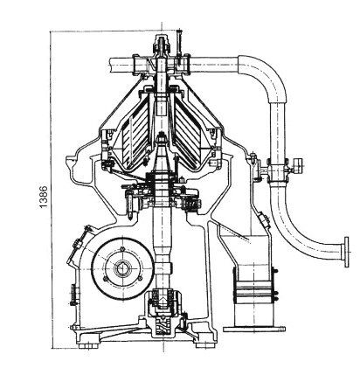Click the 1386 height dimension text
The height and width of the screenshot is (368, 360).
click(43, 197)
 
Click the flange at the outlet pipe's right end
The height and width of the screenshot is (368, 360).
click(346, 252)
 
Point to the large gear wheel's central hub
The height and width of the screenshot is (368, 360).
click(122, 268)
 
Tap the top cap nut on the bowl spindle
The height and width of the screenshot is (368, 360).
click(162, 44)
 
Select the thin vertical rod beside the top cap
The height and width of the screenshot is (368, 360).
click(179, 46)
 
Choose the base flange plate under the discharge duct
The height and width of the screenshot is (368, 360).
click(254, 329)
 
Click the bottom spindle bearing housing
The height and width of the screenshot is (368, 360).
click(163, 303)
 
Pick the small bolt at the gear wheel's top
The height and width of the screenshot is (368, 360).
click(122, 249)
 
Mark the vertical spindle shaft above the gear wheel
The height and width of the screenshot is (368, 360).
click(162, 229)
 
